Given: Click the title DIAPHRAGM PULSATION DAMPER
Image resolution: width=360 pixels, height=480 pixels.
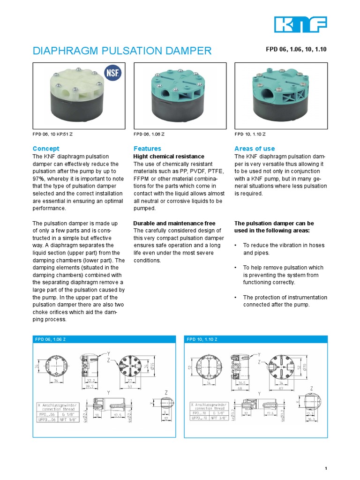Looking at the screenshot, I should (122, 51).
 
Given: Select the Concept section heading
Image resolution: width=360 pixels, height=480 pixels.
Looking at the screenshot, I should (45, 149).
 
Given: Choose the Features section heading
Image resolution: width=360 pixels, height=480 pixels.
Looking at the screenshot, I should (147, 149).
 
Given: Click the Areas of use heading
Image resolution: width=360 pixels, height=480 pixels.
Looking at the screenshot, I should (255, 149).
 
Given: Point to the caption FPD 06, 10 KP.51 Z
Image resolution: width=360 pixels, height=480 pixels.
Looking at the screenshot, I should (52, 135).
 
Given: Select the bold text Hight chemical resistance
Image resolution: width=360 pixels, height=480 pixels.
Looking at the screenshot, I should (169, 156).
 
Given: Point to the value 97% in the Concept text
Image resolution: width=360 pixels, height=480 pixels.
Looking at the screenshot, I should (39, 179).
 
